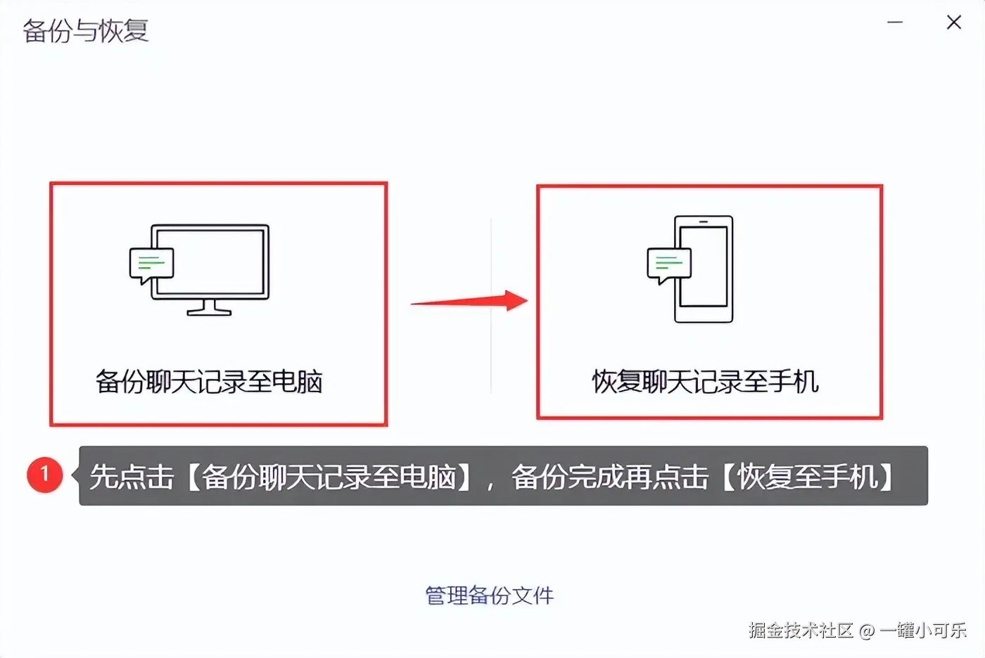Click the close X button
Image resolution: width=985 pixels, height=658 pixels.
(954, 22)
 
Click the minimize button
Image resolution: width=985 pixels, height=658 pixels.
(895, 22)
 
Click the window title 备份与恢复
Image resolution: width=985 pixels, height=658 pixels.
(86, 31)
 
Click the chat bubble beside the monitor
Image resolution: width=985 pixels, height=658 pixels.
(151, 265)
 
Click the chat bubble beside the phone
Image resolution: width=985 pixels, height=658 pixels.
(668, 265)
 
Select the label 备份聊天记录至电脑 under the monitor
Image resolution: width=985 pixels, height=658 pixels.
(209, 382)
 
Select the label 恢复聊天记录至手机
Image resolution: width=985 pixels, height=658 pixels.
(706, 382)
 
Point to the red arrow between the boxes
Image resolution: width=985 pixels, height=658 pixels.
(470, 302)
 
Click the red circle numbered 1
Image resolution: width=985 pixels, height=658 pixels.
(45, 475)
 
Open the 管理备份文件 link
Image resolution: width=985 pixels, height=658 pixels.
(490, 595)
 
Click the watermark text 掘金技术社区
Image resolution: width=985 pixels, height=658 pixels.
(801, 631)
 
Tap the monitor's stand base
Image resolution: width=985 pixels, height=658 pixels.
(209, 311)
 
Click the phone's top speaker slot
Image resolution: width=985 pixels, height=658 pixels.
(704, 221)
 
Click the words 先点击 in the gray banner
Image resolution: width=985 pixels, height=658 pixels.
(132, 477)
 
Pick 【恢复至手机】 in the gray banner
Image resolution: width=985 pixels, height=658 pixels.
(808, 477)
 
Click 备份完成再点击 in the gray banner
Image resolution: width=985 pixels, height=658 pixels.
(609, 477)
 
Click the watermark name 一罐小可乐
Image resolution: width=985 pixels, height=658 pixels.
(923, 631)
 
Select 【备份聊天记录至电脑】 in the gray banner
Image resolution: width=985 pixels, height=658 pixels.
(329, 477)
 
